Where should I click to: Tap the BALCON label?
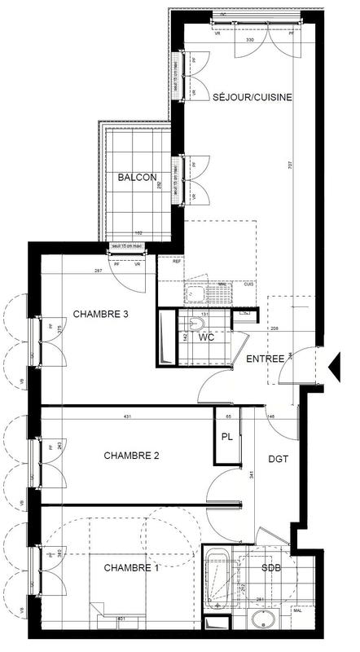point(137,177)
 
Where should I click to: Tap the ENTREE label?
point(266,358)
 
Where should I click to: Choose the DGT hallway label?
point(279,460)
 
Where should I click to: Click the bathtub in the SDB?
point(218,580)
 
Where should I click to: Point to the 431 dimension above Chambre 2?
point(127,417)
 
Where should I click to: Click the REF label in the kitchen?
point(175,262)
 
